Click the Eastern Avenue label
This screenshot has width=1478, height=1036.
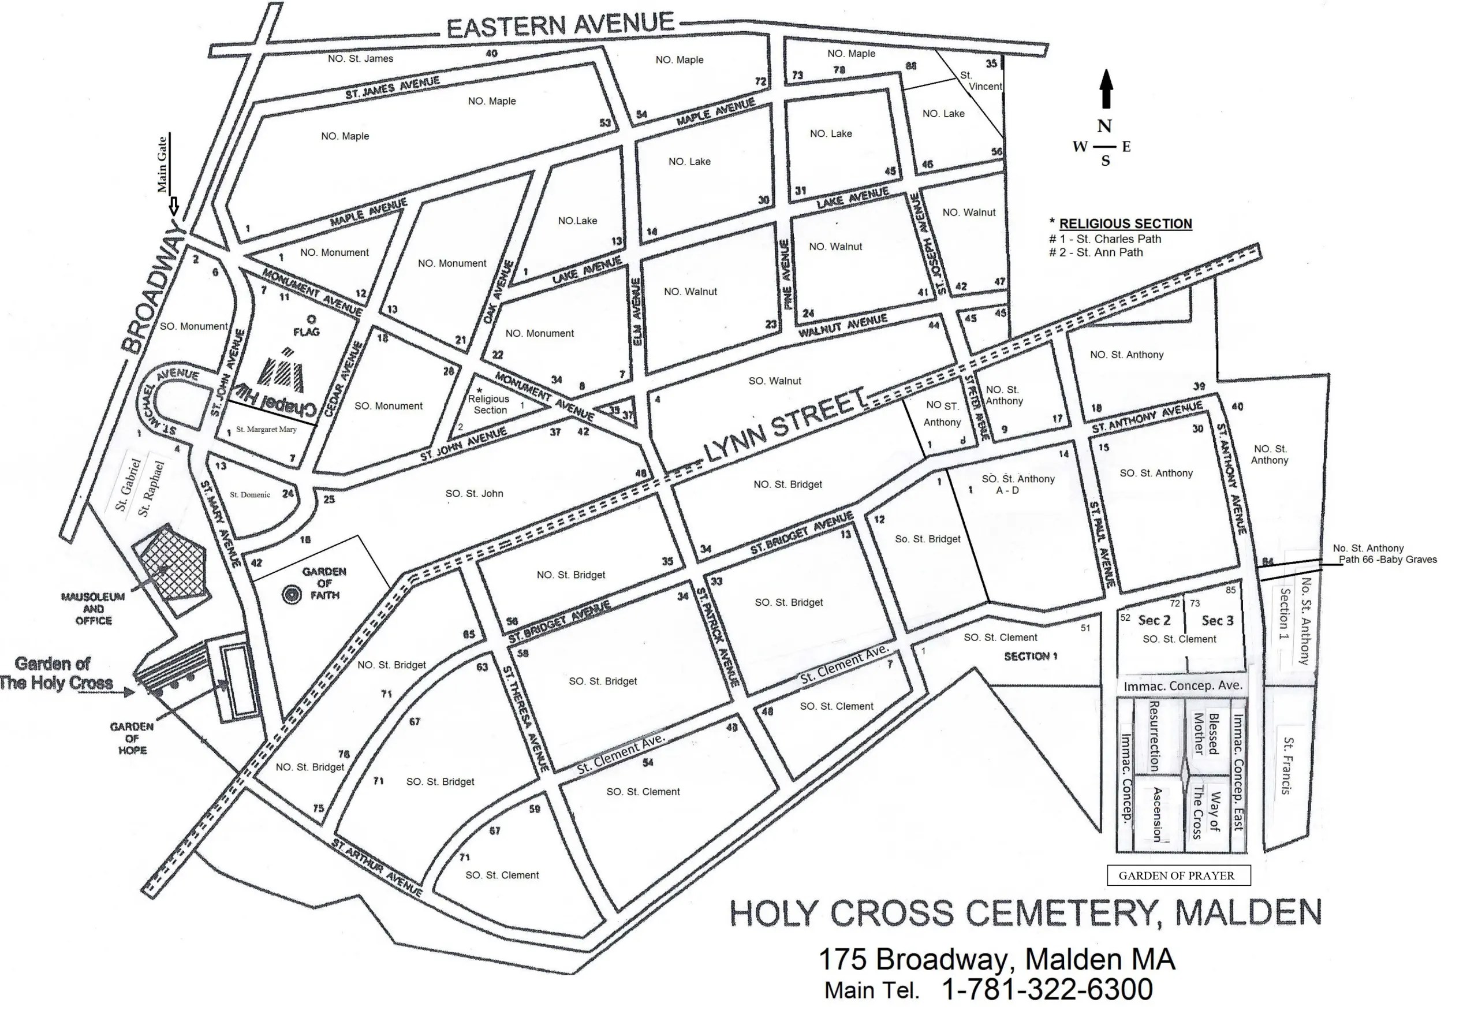pos(560,26)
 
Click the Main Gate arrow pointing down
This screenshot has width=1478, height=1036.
pos(173,207)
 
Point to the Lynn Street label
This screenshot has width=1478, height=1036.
pos(785,426)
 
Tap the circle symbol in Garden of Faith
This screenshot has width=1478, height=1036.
pos(292,594)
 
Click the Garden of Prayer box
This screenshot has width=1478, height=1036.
pos(1178,875)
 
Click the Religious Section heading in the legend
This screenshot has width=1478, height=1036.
pos(1125,223)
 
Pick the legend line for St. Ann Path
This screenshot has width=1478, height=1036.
pos(1096,252)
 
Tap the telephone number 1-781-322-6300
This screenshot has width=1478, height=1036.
pos(1047,990)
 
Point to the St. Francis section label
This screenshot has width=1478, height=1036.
pos(1287,766)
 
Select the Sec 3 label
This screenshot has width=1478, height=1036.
pos(1217,621)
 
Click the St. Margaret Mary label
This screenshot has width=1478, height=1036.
pos(266,430)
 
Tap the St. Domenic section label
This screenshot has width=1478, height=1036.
pos(250,495)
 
